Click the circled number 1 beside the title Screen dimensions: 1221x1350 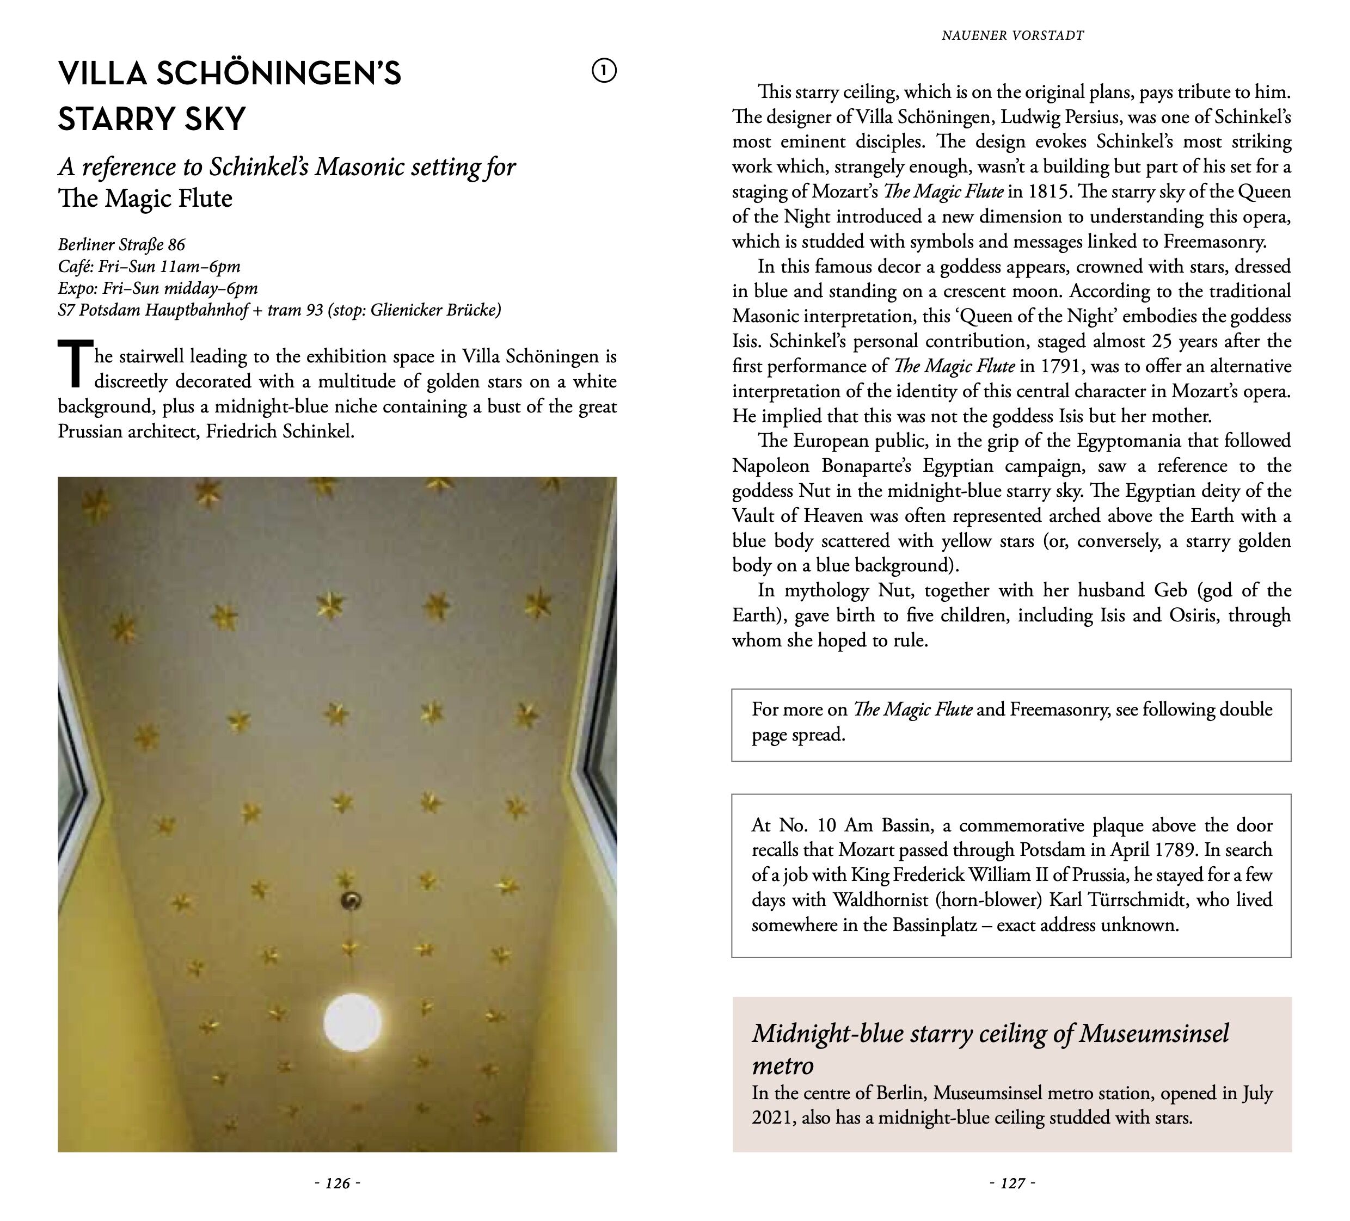pyautogui.click(x=604, y=70)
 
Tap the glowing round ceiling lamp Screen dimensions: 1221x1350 pyautogui.click(x=352, y=1022)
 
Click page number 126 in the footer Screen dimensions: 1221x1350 pyautogui.click(x=337, y=1183)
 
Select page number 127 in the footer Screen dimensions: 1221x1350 pyautogui.click(x=1012, y=1183)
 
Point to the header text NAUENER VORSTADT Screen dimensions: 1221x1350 pyautogui.click(x=1012, y=35)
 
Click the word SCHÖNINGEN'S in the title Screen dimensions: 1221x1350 pyautogui.click(x=279, y=73)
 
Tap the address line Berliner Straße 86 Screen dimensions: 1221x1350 pyautogui.click(x=121, y=244)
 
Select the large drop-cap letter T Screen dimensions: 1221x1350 pyautogui.click(x=75, y=364)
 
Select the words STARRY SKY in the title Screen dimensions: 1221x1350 pyautogui.click(x=152, y=119)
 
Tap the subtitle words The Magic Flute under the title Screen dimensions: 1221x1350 pyautogui.click(x=145, y=198)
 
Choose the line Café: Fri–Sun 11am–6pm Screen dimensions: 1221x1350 pyautogui.click(x=149, y=267)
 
